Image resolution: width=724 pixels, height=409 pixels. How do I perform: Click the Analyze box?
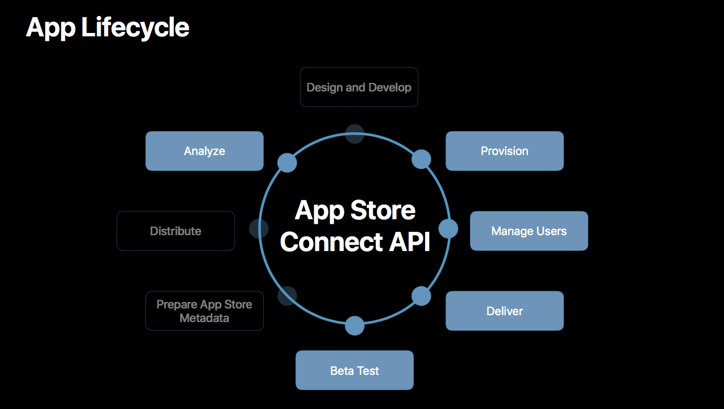point(205,151)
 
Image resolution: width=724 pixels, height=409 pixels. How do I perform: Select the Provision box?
point(505,151)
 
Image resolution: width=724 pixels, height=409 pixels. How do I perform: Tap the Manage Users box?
point(529,231)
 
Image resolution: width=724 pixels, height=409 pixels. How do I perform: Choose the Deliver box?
point(505,311)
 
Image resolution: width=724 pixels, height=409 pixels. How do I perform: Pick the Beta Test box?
point(355,370)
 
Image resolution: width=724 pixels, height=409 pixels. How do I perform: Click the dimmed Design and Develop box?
point(359,87)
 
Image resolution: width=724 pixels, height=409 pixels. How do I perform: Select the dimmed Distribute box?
point(176,231)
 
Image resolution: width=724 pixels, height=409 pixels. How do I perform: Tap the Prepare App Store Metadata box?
point(205,311)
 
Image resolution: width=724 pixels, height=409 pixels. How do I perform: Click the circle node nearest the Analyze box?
point(287,162)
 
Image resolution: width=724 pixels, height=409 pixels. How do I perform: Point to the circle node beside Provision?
point(421,160)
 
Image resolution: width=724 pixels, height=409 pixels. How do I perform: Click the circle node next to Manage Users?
point(448,229)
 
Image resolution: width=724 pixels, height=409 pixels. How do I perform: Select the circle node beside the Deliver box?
point(421,296)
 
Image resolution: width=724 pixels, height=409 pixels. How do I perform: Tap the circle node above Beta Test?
point(355,325)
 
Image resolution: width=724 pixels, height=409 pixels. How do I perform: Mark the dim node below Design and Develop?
point(355,134)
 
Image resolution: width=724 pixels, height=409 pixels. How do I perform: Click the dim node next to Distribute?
point(259,229)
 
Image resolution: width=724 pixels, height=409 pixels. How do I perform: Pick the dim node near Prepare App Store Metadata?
point(287,295)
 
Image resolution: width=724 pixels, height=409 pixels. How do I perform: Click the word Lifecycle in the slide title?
point(135,27)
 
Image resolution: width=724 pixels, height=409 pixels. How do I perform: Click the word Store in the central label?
point(383,211)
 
